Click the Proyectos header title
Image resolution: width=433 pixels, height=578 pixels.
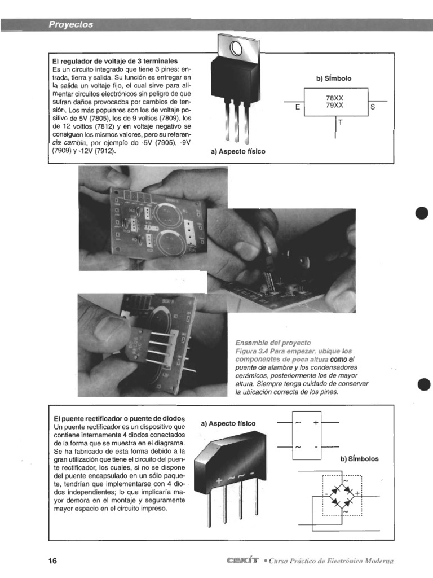pyautogui.click(x=70, y=25)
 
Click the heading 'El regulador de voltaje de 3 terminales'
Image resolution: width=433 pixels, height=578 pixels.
pyautogui.click(x=115, y=60)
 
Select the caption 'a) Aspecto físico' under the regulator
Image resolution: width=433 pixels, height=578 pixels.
pyautogui.click(x=237, y=152)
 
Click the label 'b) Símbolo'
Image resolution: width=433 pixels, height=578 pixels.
pyautogui.click(x=337, y=78)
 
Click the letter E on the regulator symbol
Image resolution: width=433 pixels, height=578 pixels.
pyautogui.click(x=297, y=106)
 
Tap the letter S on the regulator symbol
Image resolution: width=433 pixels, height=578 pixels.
pyautogui.click(x=373, y=106)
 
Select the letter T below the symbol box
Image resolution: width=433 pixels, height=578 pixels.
pyautogui.click(x=341, y=122)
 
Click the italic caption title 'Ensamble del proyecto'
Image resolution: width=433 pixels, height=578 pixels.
pyautogui.click(x=273, y=343)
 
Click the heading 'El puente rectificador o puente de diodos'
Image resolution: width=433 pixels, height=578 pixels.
pyautogui.click(x=119, y=419)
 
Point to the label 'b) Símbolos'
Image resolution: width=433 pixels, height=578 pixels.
pyautogui.click(x=359, y=459)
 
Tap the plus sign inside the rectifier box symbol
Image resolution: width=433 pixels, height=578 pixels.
pyautogui.click(x=316, y=422)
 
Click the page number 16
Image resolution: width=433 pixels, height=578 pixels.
pyautogui.click(x=53, y=561)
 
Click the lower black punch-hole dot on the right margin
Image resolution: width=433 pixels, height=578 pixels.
pyautogui.click(x=423, y=386)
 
